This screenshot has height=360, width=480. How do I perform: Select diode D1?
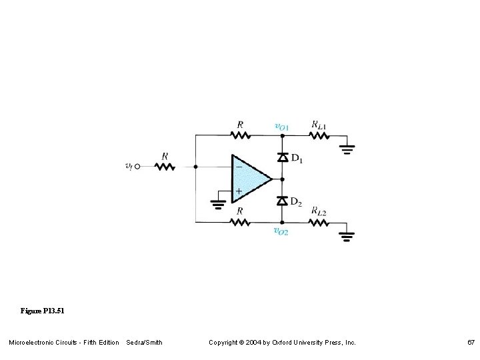(x=282, y=157)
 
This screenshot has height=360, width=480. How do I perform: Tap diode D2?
(x=282, y=201)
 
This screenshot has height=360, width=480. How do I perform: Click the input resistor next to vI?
(x=165, y=167)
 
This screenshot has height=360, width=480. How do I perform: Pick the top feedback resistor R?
(x=240, y=135)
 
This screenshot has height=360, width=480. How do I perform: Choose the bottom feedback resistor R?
(x=240, y=222)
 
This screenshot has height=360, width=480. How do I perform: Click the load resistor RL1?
(x=320, y=135)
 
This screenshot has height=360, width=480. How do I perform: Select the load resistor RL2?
(x=320, y=222)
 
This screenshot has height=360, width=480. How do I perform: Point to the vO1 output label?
(x=282, y=125)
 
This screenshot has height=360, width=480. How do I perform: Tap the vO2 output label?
(x=281, y=231)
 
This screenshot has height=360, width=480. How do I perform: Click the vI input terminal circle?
(x=138, y=167)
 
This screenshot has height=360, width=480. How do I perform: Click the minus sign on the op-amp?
(x=238, y=166)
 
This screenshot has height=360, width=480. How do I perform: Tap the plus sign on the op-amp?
(x=238, y=191)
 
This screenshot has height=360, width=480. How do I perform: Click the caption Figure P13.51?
(x=43, y=311)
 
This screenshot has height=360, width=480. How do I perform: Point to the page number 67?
(x=471, y=343)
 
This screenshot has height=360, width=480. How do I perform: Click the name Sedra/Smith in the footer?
(x=144, y=343)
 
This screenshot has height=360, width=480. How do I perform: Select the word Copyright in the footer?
(x=224, y=343)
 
